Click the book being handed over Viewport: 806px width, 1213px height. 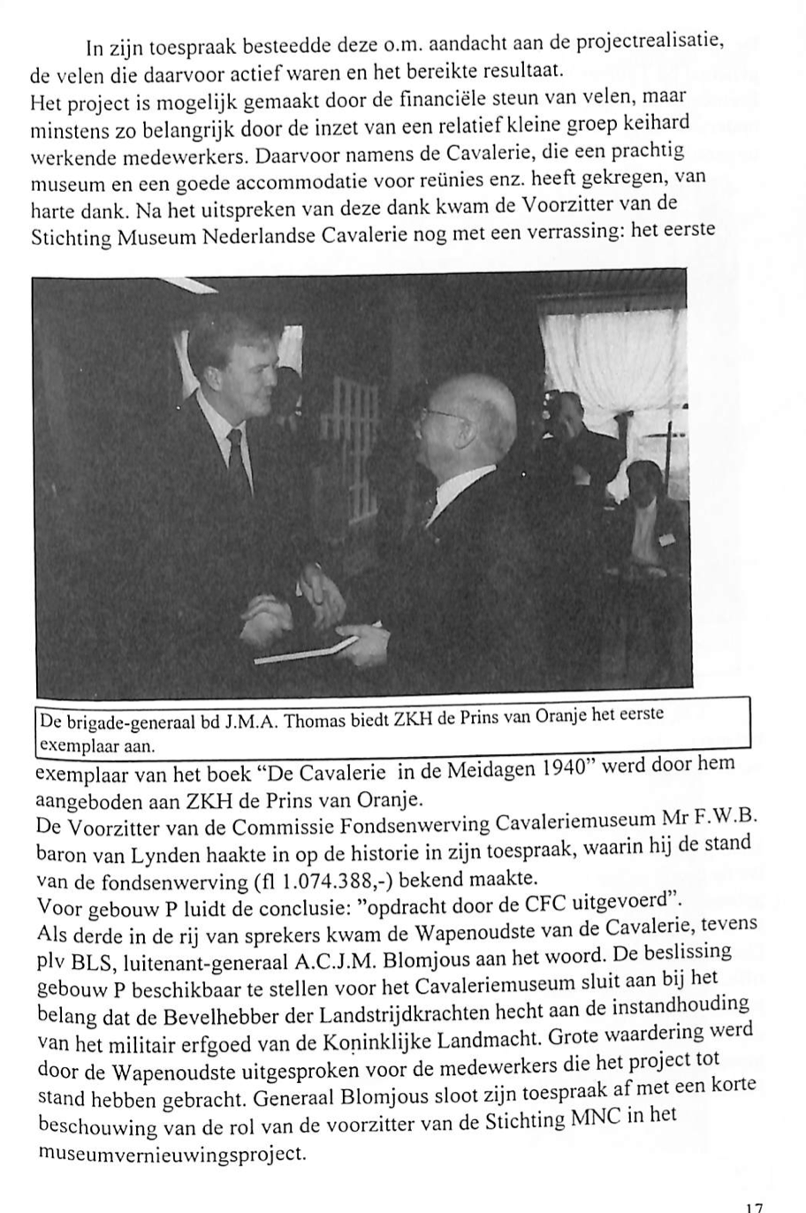[x=305, y=650]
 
